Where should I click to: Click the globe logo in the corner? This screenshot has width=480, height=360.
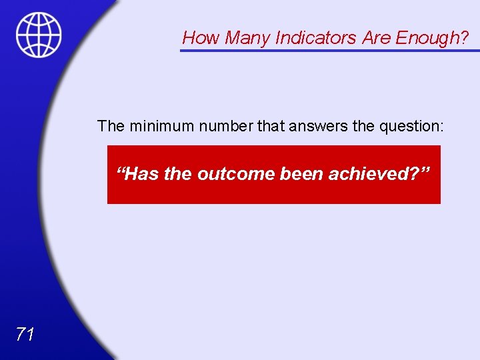tap(39, 34)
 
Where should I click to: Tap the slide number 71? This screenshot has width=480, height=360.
tap(25, 334)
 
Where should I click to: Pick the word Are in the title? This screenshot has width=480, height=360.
tap(377, 38)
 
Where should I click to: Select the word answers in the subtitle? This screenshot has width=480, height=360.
tap(303, 126)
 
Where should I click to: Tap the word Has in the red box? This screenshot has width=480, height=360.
tap(139, 174)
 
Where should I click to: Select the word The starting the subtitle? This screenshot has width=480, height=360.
tap(111, 126)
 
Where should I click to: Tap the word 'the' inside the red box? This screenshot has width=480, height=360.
tap(178, 174)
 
